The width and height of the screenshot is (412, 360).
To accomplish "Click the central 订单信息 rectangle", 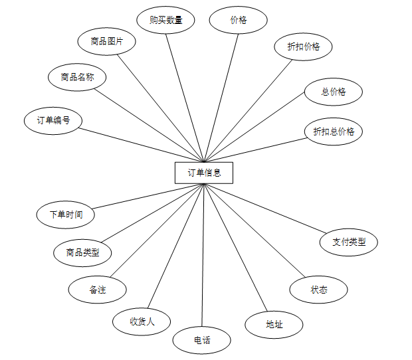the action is [x=204, y=173].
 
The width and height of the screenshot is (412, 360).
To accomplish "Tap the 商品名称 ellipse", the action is [x=77, y=78].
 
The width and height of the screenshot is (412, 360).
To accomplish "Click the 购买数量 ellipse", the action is [x=166, y=20].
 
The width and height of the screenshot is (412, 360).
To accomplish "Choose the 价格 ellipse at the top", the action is [x=238, y=20].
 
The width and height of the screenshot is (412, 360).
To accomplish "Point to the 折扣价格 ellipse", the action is [x=303, y=46].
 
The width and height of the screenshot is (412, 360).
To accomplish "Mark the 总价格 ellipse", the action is [x=333, y=92].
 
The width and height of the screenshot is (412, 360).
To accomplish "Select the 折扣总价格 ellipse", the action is [x=334, y=131].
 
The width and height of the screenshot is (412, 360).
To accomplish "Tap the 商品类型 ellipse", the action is [x=82, y=252].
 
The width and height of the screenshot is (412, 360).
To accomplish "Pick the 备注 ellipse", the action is [x=97, y=290].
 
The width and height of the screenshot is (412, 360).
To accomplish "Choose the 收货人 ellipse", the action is [x=142, y=321].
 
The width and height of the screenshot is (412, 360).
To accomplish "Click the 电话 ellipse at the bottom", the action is [x=202, y=340].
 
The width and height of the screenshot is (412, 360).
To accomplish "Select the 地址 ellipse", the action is [x=274, y=324].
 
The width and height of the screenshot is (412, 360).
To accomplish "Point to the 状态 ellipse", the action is [x=318, y=290].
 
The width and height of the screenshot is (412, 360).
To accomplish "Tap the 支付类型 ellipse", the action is [x=348, y=242].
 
